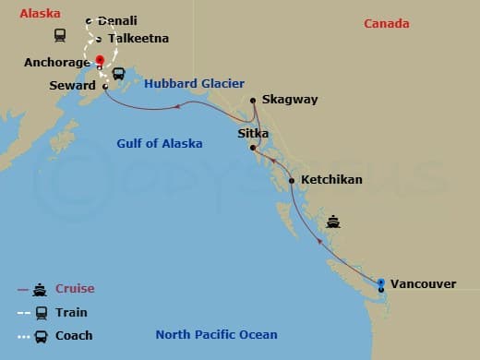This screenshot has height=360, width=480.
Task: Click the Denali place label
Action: pyautogui.click(x=117, y=20)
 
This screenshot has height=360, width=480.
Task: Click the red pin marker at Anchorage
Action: pyautogui.click(x=100, y=61)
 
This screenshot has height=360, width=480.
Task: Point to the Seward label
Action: pyautogui.click(x=73, y=86)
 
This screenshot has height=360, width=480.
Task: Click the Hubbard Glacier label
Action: pyautogui.click(x=194, y=83)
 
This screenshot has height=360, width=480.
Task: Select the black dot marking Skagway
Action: pyautogui.click(x=253, y=100)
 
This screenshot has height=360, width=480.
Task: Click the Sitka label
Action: pyautogui.click(x=254, y=133)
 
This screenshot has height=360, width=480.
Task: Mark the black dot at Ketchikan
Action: pyautogui.click(x=292, y=181)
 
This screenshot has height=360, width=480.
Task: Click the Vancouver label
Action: pyautogui.click(x=424, y=283)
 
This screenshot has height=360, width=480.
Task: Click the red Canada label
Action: pyautogui.click(x=386, y=23)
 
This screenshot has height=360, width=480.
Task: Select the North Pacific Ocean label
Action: pyautogui.click(x=216, y=335)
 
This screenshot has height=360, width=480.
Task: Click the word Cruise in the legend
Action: pyautogui.click(x=75, y=289)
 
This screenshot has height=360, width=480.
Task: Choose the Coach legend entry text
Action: pyautogui.click(x=74, y=336)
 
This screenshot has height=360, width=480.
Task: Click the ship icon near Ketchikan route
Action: pyautogui.click(x=333, y=222)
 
